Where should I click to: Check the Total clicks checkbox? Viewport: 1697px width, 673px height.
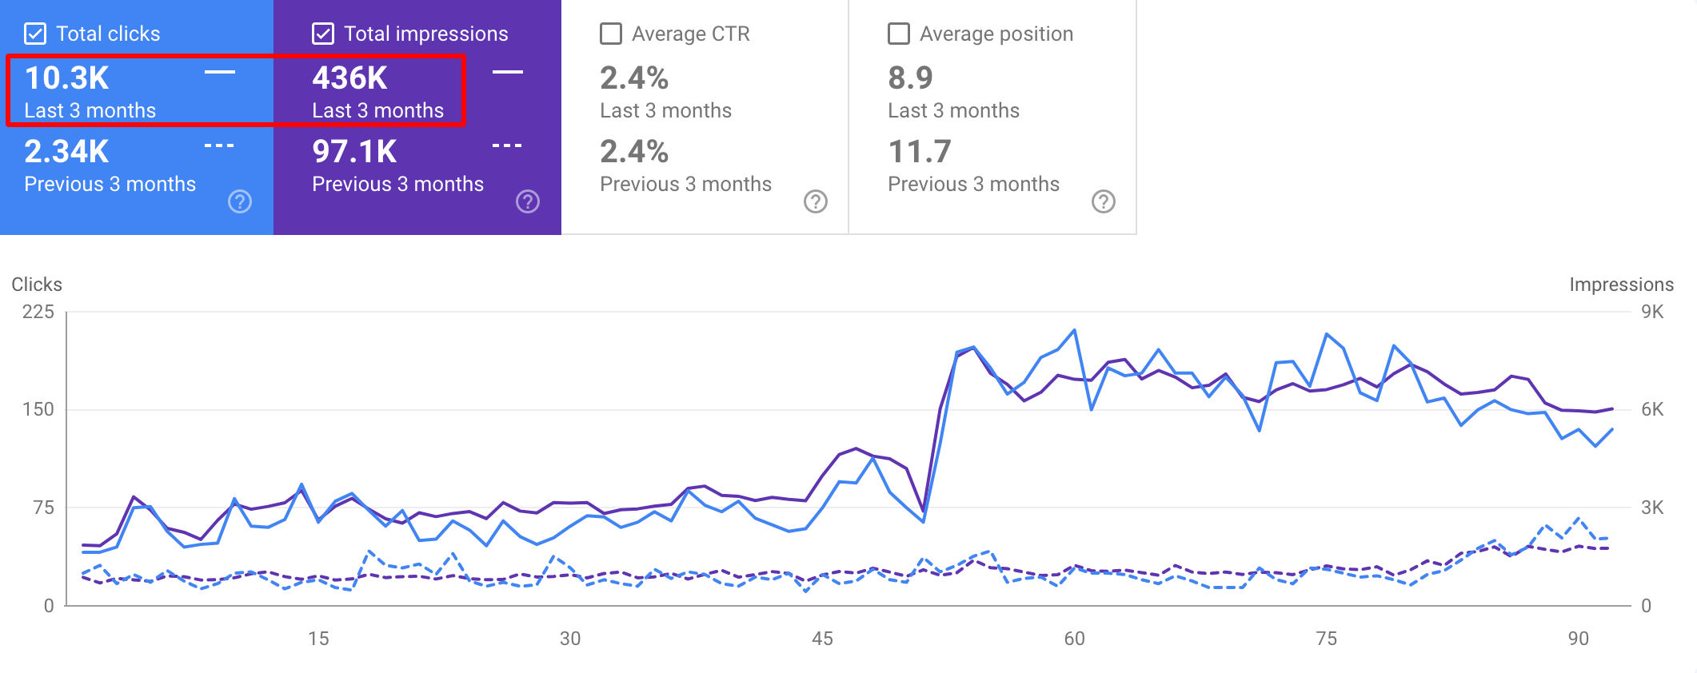click(x=35, y=34)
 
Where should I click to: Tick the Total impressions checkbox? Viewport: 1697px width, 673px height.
click(x=323, y=34)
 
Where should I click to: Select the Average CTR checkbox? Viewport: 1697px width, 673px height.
click(x=611, y=34)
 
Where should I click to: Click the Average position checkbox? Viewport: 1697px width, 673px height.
click(x=899, y=34)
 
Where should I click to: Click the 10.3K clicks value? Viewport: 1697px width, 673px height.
click(x=67, y=78)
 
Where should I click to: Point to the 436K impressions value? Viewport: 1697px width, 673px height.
click(x=349, y=78)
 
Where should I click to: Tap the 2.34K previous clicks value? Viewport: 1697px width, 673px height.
click(x=66, y=152)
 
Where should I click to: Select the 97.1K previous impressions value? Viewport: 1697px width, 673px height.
click(x=354, y=152)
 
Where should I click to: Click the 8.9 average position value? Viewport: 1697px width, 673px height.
click(x=910, y=78)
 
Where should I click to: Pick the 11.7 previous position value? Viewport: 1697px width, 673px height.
click(x=920, y=152)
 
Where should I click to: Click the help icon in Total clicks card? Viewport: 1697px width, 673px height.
click(x=240, y=201)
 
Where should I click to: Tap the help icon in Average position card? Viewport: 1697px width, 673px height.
click(x=1104, y=201)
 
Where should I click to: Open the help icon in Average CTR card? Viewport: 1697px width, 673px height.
click(x=816, y=201)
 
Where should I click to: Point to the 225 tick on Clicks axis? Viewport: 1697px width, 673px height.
click(x=38, y=312)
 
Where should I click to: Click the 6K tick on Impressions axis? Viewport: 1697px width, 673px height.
click(x=1652, y=409)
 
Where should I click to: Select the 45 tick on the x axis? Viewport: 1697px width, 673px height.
click(x=822, y=639)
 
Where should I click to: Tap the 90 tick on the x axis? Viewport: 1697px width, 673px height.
click(x=1578, y=639)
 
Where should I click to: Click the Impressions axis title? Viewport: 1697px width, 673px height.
click(x=1621, y=285)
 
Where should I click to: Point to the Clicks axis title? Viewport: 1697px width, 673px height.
click(x=37, y=285)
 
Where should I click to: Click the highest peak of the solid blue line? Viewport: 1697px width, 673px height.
click(x=1074, y=329)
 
